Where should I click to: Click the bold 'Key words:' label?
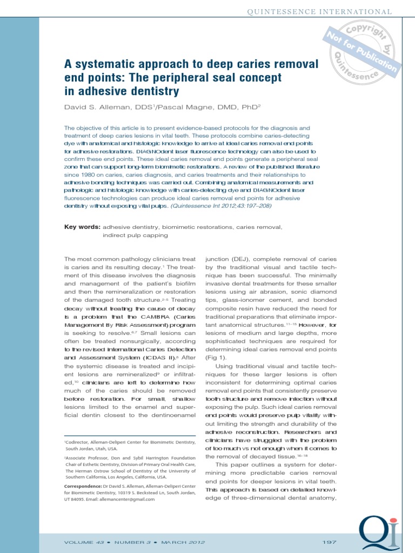point(82,227)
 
